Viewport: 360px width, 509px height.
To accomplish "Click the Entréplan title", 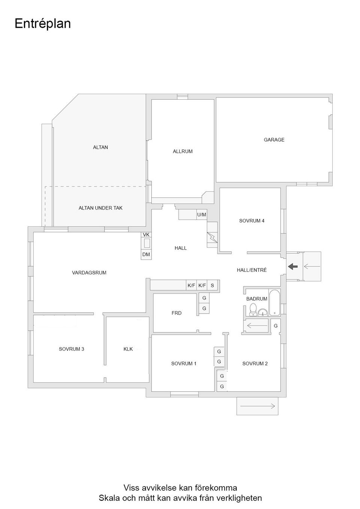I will coord(42,24).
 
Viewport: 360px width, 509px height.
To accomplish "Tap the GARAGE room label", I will coord(274,140).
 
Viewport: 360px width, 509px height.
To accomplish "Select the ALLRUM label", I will coord(183,151).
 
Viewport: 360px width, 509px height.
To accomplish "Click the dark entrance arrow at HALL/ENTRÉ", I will coord(293,266).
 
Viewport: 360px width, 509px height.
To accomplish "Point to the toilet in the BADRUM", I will coord(253,310).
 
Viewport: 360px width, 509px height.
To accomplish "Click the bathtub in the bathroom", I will coord(274,302).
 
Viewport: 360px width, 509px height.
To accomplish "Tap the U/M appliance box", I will coord(201,215).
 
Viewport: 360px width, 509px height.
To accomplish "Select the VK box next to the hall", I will coord(146,235).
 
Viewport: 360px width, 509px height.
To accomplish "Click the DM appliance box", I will coord(146,254).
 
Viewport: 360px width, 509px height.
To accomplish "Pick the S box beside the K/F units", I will coord(212,286).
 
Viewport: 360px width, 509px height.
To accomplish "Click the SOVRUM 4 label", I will coord(252,221).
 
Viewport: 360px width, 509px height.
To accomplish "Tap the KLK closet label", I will coord(128,349).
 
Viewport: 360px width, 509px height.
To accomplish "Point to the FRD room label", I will coord(177,313).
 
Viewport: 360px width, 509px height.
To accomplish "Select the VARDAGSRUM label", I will coord(89,273).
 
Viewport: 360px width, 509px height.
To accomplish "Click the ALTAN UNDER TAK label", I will coord(100,208).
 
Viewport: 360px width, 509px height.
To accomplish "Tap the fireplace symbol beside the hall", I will coord(212,238).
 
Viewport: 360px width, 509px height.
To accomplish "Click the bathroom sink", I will coord(263,312).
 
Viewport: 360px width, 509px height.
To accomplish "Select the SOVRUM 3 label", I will coord(71,349).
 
